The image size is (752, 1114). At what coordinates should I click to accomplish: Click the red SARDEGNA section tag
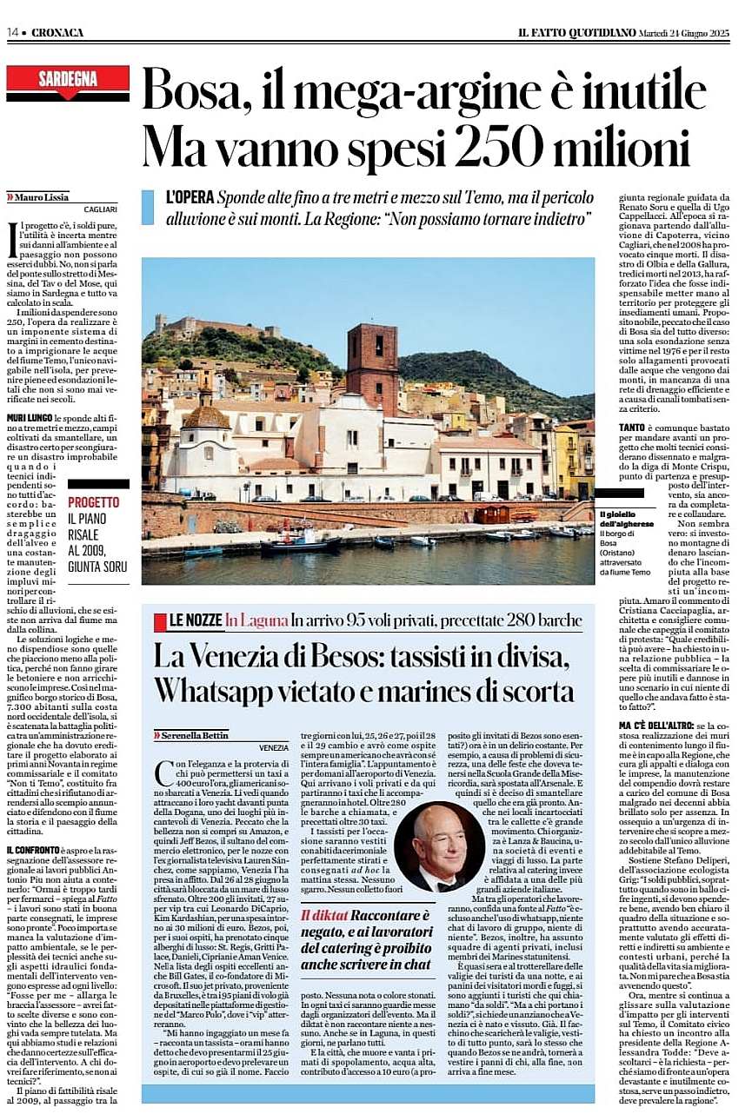click(x=68, y=82)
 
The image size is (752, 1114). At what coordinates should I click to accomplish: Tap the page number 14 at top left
click(x=13, y=32)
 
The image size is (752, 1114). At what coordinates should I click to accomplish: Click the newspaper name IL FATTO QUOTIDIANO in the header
click(x=577, y=32)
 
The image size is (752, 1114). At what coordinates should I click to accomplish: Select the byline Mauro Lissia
click(x=39, y=196)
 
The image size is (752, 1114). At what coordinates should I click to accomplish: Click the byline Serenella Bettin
click(x=194, y=735)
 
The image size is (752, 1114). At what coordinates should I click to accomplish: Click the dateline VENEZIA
click(x=273, y=747)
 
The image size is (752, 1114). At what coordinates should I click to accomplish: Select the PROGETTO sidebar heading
click(x=94, y=502)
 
